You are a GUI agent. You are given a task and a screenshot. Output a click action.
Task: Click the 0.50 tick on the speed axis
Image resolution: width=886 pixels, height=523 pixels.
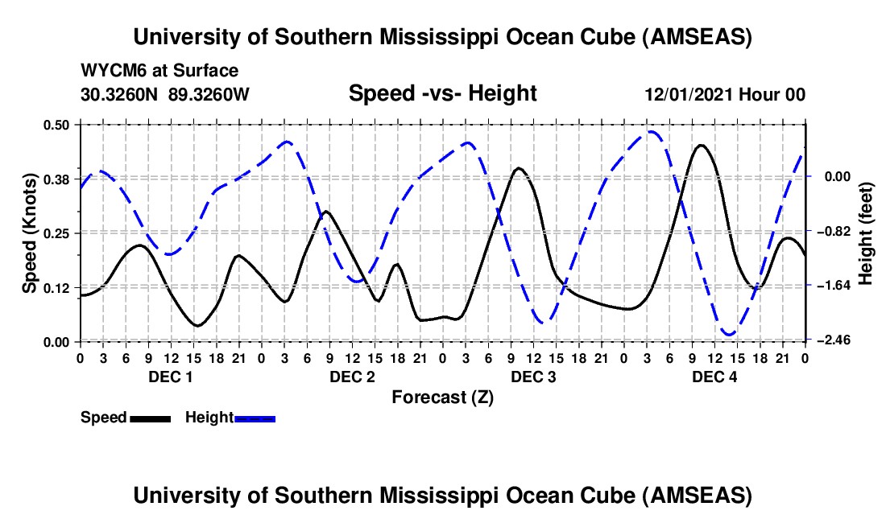[x=59, y=124]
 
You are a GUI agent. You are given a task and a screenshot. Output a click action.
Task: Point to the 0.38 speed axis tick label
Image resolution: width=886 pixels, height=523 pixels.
[x=59, y=179]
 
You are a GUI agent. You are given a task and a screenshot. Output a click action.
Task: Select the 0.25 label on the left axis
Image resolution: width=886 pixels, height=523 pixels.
[x=59, y=233]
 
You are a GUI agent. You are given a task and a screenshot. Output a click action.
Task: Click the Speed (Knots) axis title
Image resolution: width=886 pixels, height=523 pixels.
[x=29, y=233]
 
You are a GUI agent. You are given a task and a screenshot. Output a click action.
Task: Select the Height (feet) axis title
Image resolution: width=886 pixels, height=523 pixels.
[x=866, y=233]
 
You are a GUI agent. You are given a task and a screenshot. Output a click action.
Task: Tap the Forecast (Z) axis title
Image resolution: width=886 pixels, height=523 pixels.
[x=442, y=397]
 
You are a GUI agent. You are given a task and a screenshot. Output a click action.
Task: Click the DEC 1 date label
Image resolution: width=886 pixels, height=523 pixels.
[x=170, y=377]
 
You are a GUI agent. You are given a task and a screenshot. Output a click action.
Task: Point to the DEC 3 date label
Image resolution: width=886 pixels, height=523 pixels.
[x=533, y=377]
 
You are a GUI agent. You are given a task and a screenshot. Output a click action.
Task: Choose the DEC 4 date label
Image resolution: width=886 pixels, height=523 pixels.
[x=714, y=377]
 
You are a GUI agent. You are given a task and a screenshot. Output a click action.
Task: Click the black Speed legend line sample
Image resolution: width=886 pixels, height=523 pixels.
[x=151, y=418]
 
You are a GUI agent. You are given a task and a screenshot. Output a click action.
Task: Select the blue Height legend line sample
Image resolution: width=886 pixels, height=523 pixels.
[x=255, y=418]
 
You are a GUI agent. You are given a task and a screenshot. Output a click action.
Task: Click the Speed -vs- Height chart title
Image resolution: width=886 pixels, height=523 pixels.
[x=442, y=93]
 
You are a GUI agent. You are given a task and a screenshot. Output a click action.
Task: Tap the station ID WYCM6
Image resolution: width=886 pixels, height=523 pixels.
[x=109, y=71]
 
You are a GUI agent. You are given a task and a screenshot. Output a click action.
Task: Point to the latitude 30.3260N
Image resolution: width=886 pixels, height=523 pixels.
[x=121, y=94]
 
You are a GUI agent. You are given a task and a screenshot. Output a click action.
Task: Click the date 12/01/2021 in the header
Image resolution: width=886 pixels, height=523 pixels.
[x=689, y=94]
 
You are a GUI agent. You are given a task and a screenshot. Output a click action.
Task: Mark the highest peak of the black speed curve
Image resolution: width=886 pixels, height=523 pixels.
[x=701, y=145]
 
